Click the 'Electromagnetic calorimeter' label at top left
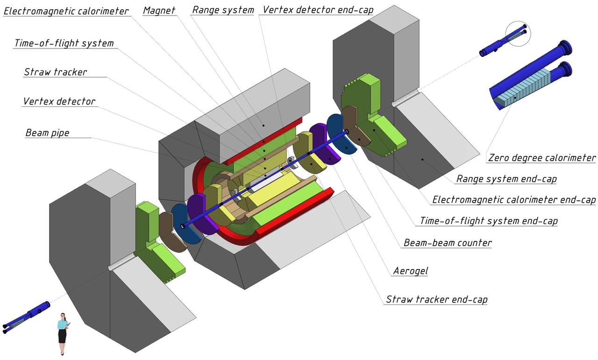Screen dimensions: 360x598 [66, 11]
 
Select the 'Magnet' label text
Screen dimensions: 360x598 [159, 10]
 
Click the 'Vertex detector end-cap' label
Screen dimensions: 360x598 [318, 10]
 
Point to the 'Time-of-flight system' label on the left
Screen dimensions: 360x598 [64, 43]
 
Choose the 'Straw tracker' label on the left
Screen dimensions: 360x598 [55, 72]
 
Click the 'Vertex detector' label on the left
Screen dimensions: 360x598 [59, 101]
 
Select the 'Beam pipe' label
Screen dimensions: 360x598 [47, 133]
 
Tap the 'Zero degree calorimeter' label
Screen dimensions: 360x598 [541, 158]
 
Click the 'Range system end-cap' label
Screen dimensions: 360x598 [506, 179]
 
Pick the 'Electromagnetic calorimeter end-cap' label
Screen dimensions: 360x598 [514, 200]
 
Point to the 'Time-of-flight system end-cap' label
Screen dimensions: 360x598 [489, 221]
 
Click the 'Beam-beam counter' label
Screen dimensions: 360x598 [448, 243]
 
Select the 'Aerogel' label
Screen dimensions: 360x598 [411, 271]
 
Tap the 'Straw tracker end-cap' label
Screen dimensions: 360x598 [436, 299]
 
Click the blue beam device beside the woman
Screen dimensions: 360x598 [28, 316]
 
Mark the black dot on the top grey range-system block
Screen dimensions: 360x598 [263, 125]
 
